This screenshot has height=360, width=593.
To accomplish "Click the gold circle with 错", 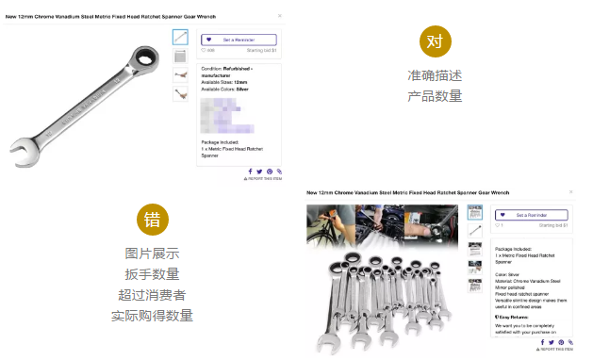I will pos(152,220).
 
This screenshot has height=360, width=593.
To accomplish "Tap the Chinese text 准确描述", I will pos(435,75).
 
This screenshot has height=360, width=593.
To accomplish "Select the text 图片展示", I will pos(152,254).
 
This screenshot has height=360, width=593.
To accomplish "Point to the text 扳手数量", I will pos(152,274).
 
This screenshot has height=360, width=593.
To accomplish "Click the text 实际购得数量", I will pos(152,316).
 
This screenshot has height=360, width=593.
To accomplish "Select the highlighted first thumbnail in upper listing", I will pos(180,37).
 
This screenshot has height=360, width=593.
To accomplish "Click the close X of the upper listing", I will pos(279,16).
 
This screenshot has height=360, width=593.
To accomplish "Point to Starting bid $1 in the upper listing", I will pos(260,51).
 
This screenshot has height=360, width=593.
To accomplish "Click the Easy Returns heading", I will pos(515,318).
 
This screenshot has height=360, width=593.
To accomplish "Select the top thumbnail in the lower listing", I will pos(476,213).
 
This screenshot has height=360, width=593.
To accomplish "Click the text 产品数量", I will pos(435,96).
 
